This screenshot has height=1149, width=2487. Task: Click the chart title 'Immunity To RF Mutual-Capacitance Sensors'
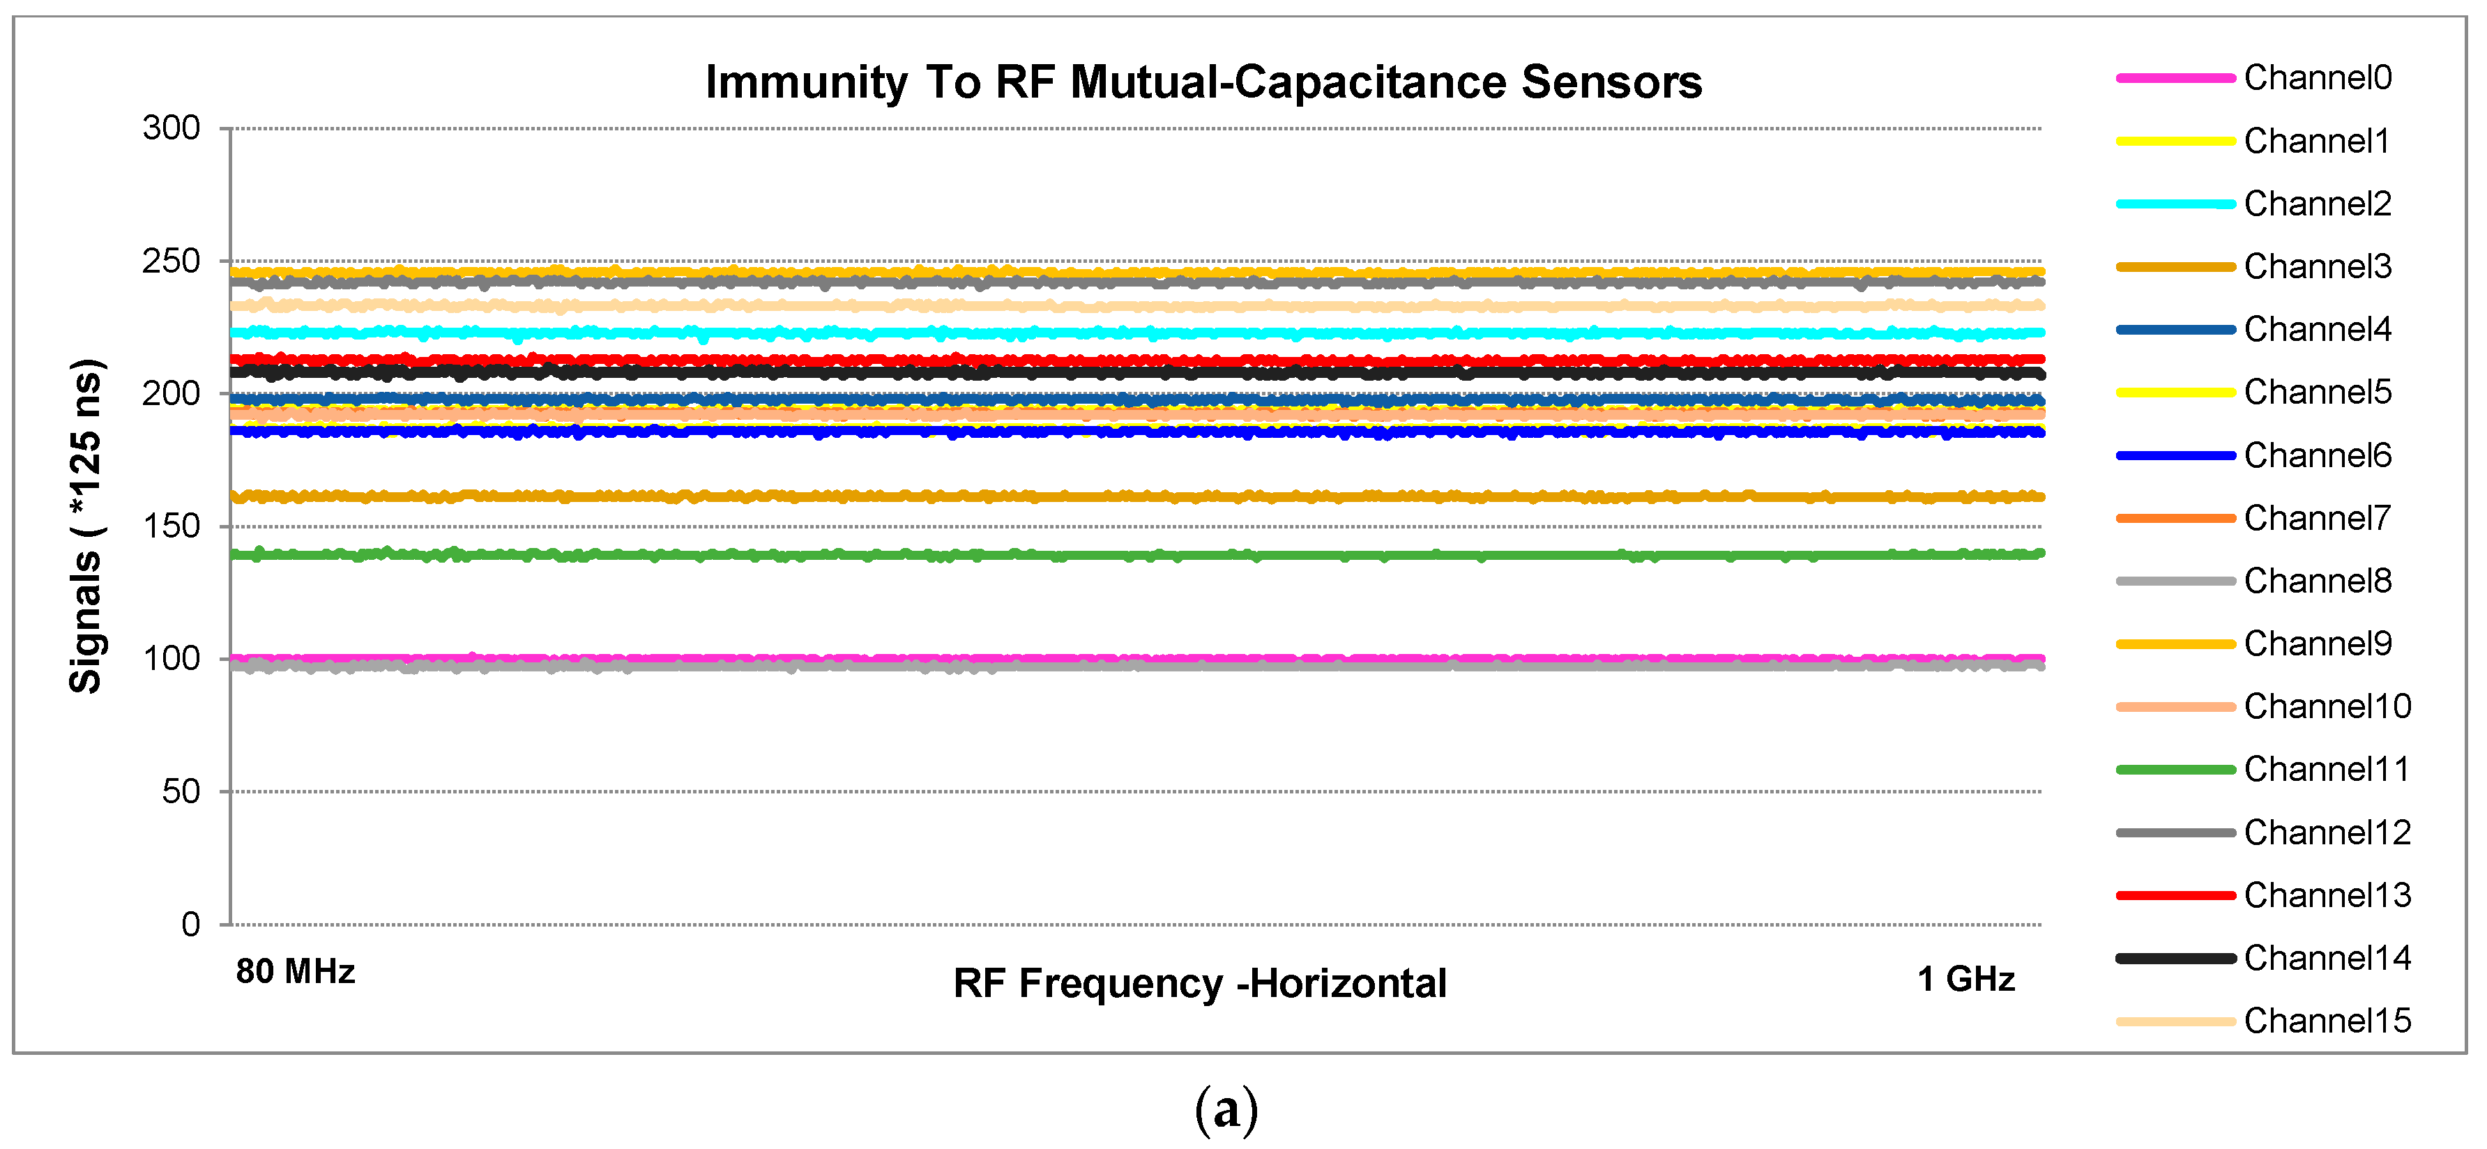(1203, 82)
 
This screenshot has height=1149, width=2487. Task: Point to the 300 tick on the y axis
(171, 128)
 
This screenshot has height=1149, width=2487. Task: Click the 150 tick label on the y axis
(171, 526)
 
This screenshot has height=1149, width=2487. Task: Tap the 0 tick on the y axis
(190, 925)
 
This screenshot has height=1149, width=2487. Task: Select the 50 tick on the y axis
(181, 792)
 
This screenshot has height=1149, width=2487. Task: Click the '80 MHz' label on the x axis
(296, 971)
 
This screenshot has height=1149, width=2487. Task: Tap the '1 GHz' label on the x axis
(1965, 979)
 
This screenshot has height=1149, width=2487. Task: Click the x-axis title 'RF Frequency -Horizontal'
(1199, 984)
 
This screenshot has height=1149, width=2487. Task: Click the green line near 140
(1159, 555)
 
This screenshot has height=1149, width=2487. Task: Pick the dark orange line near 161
(1159, 496)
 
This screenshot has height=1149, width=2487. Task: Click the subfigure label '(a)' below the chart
(1226, 1111)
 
